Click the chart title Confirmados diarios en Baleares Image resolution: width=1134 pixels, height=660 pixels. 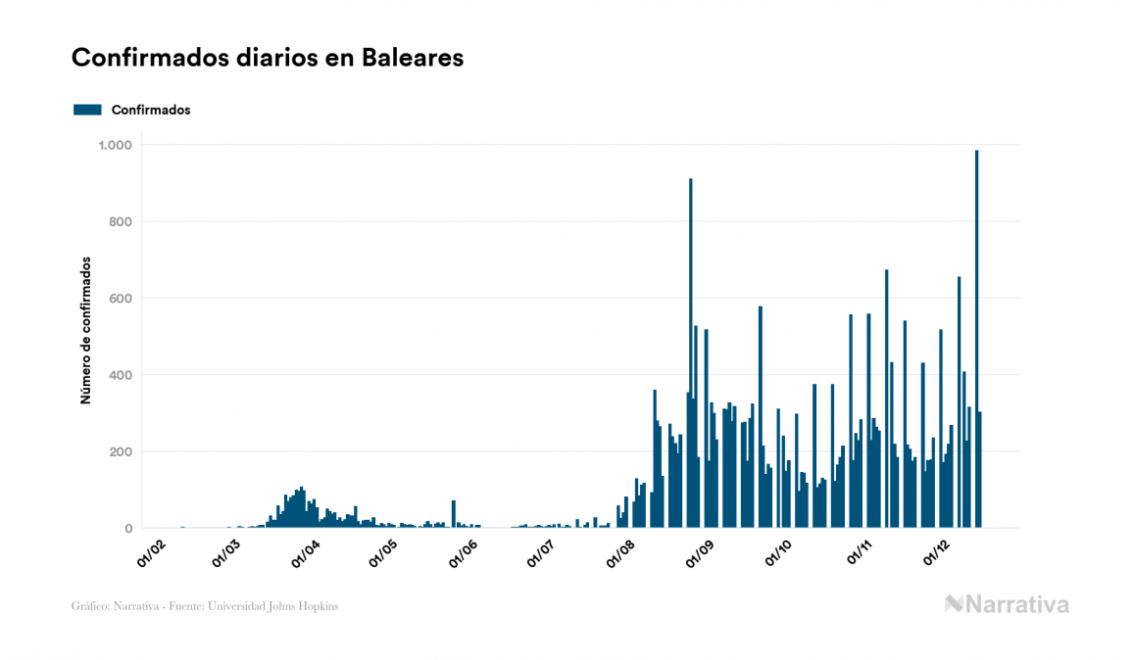268,58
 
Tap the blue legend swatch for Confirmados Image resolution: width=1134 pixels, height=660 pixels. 87,110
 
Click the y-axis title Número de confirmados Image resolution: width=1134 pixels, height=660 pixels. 85,331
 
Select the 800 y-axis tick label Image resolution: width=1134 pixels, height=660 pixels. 121,221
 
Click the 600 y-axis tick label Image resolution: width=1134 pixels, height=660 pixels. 121,298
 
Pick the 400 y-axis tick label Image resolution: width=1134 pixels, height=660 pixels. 121,375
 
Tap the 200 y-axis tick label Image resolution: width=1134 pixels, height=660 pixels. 121,451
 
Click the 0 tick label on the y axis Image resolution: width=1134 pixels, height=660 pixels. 128,529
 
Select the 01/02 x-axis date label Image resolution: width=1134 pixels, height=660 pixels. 153,555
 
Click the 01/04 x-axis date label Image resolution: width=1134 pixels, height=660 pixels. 306,555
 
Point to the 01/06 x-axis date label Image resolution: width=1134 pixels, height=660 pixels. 463,555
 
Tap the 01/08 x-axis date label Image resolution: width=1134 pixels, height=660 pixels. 622,555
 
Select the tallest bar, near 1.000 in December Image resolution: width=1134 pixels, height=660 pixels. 976,339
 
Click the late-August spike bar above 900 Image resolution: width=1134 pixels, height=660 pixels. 690,353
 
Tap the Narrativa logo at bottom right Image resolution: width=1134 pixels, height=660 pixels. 1007,604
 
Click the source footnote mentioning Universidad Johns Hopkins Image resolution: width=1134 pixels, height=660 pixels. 205,606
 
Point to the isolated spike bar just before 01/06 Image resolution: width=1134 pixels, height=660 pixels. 453,514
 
